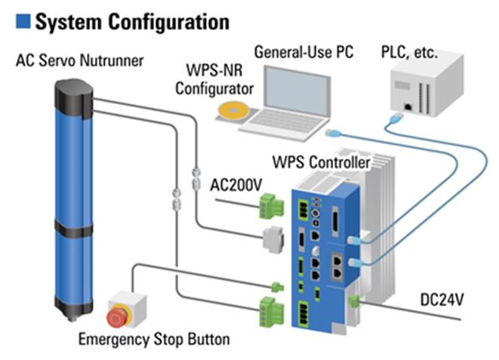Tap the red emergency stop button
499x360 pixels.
(x=120, y=312)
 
